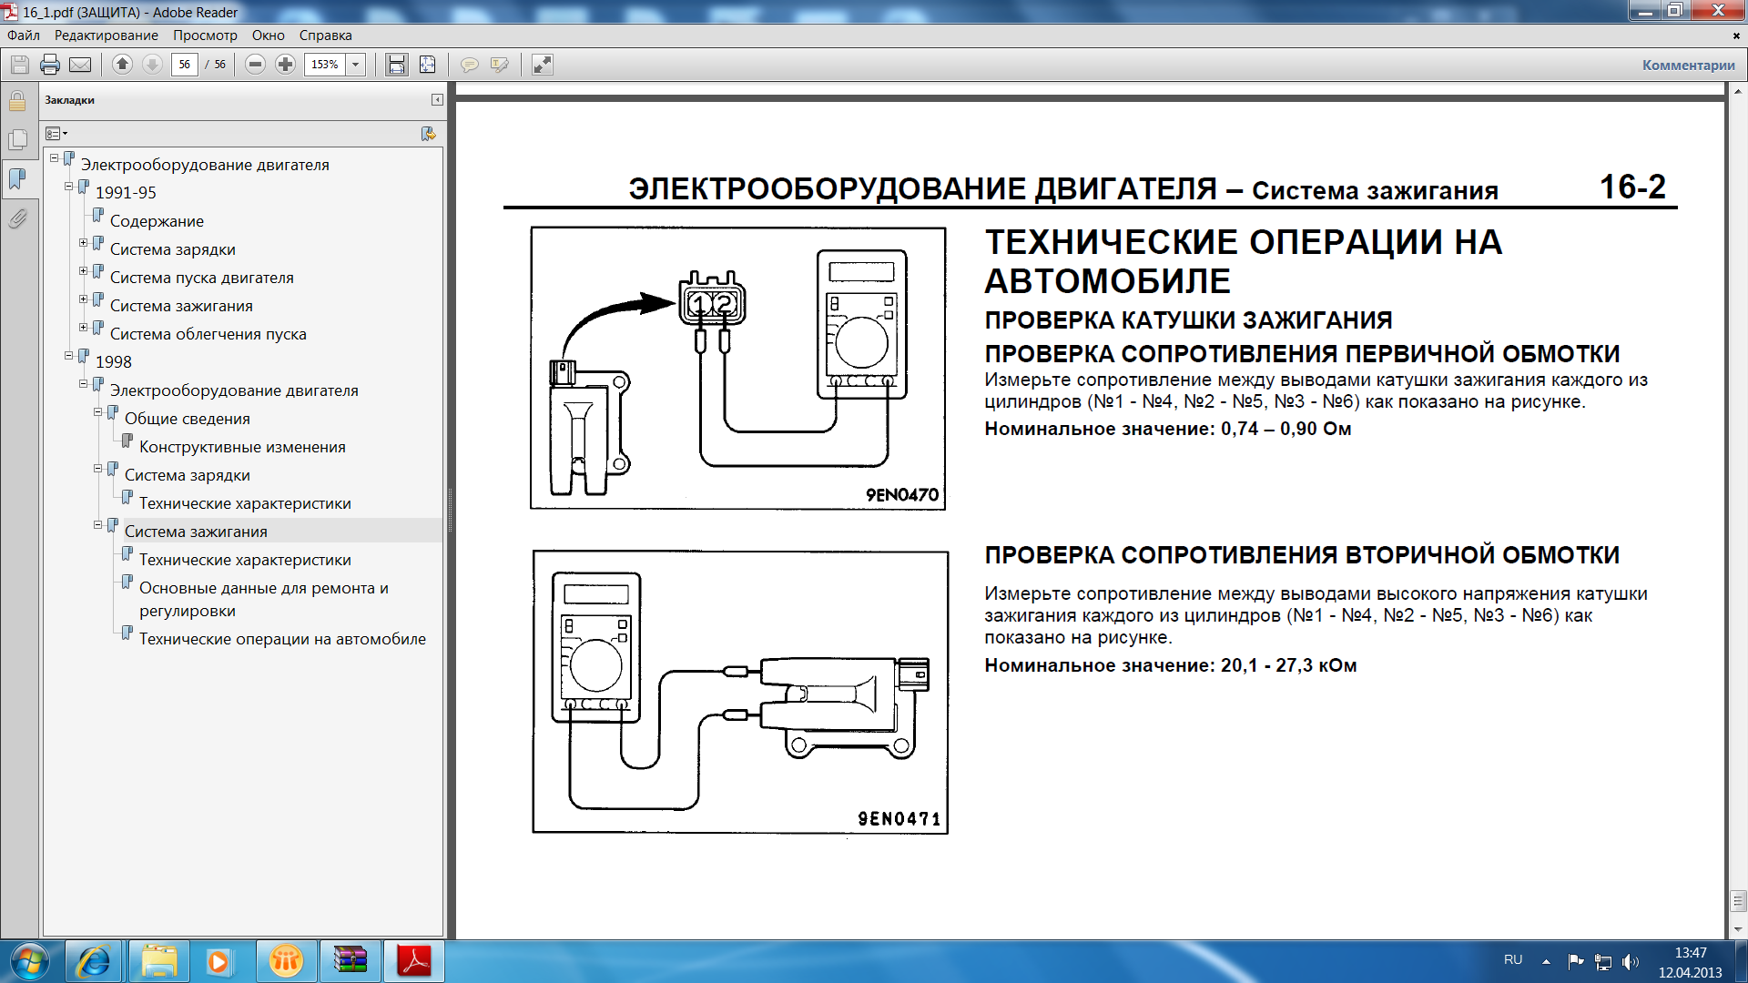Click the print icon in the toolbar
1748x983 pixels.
(50, 65)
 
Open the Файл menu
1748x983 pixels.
(24, 35)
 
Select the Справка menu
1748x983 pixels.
(325, 35)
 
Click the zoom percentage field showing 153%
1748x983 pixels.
(325, 65)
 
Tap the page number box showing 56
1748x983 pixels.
(185, 65)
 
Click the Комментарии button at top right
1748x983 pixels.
(1688, 65)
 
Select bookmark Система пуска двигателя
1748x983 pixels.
(202, 278)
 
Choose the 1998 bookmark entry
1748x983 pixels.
(114, 361)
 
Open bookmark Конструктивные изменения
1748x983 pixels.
(242, 447)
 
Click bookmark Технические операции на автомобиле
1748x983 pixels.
(282, 639)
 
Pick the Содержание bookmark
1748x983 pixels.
(157, 221)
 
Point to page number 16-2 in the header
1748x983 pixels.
(1632, 187)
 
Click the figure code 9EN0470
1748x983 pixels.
(902, 494)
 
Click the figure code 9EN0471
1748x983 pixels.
(899, 818)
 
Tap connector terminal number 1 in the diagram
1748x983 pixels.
(699, 303)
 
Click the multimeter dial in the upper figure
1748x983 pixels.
(861, 342)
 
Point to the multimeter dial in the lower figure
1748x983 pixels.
(596, 665)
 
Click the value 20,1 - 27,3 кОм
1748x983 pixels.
(1288, 665)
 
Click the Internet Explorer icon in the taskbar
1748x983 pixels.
(94, 961)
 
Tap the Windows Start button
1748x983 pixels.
(29, 961)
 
